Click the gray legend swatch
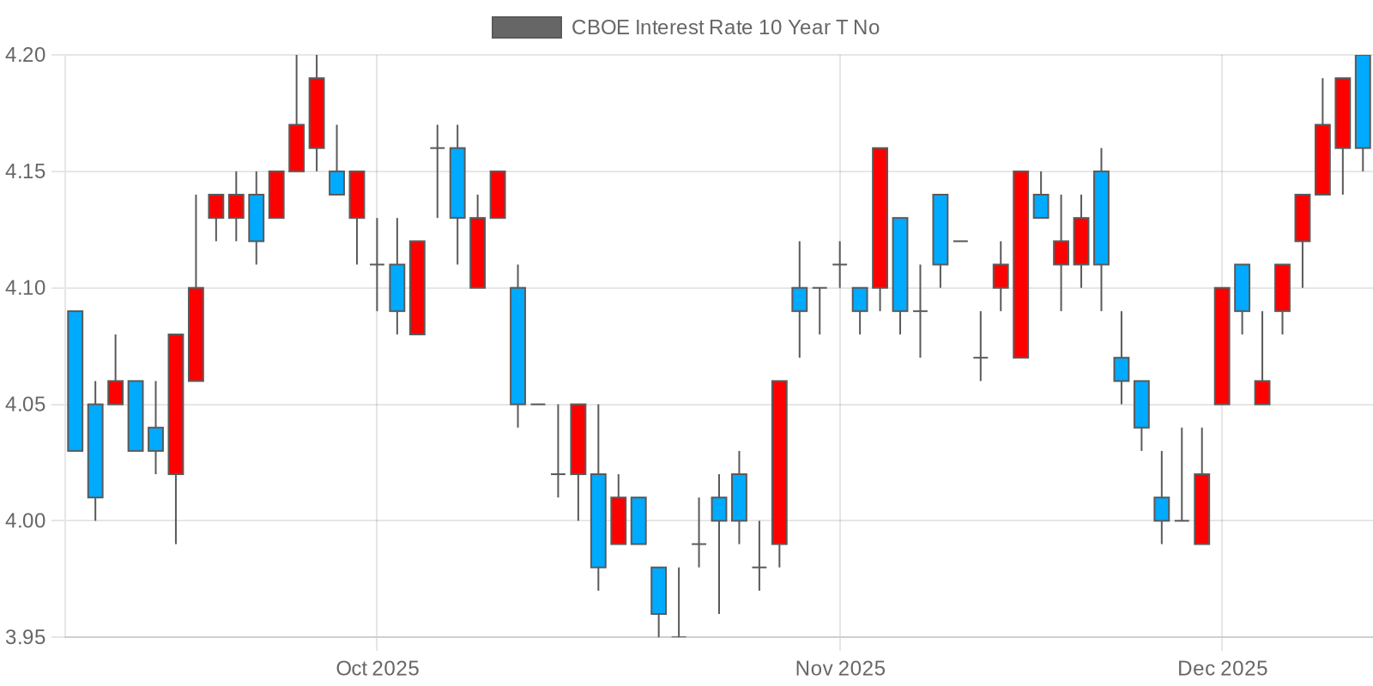(x=526, y=27)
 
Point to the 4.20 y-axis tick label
(x=25, y=55)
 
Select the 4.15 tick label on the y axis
(x=25, y=171)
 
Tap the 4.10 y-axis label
(x=25, y=288)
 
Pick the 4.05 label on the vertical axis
(x=25, y=405)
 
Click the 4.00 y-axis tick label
(x=25, y=521)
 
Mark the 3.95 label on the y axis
(x=25, y=637)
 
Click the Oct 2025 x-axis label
(x=378, y=668)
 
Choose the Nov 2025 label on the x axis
(x=840, y=668)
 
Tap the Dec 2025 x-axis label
(x=1222, y=668)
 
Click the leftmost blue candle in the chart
(x=76, y=381)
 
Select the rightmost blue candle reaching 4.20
(x=1363, y=101)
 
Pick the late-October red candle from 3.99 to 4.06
(x=779, y=462)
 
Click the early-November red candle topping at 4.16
(x=880, y=218)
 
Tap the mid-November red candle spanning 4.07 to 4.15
(x=1020, y=264)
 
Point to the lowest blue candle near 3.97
(x=658, y=591)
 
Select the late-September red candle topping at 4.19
(x=317, y=113)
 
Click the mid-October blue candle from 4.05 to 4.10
(x=517, y=346)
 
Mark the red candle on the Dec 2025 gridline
(x=1222, y=346)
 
